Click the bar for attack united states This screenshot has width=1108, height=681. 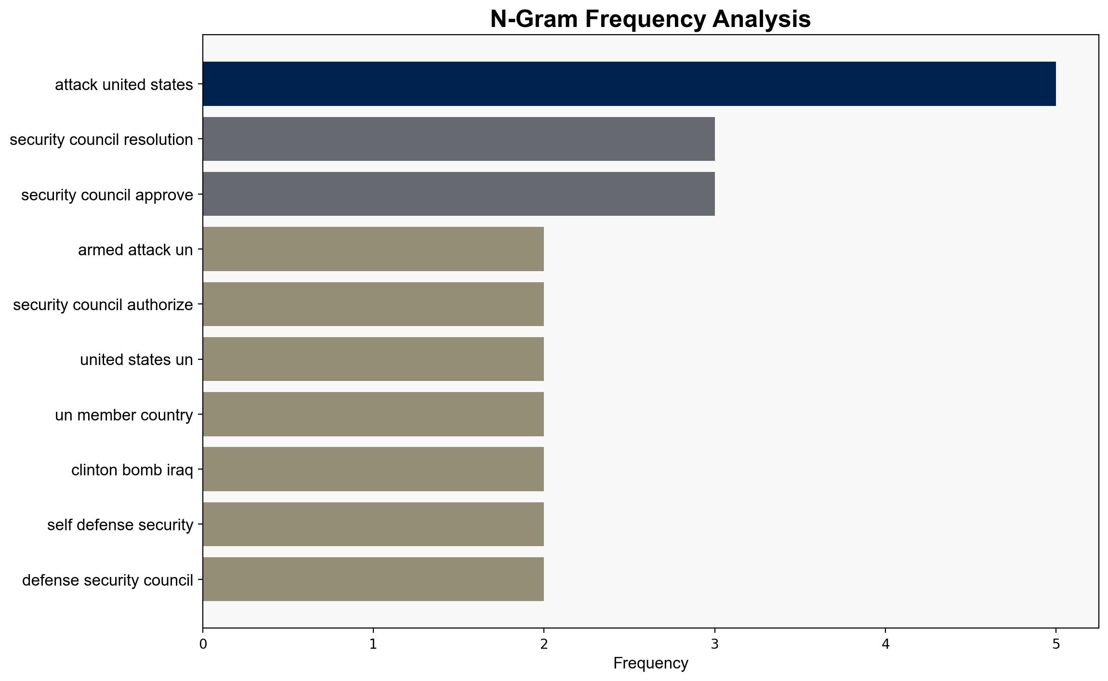click(x=629, y=84)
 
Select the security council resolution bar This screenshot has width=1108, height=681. click(x=459, y=139)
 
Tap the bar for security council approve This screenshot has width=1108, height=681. click(x=459, y=194)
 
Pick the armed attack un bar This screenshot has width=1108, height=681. click(x=373, y=249)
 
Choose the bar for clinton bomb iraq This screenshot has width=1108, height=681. click(x=373, y=469)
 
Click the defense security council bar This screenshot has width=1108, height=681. click(x=373, y=579)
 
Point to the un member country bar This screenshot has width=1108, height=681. click(x=373, y=414)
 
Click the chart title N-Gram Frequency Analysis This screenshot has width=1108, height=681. click(x=650, y=19)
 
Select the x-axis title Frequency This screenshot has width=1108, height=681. click(x=650, y=664)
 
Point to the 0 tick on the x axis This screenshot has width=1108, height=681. click(x=203, y=644)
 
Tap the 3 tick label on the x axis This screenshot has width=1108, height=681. click(x=715, y=644)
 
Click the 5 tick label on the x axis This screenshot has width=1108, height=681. click(x=1056, y=644)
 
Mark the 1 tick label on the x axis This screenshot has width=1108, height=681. click(x=373, y=644)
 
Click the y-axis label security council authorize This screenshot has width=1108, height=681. click(x=103, y=305)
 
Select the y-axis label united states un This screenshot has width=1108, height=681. click(x=136, y=360)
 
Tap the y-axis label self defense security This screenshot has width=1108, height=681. click(x=120, y=525)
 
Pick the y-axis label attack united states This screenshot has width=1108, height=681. click(x=124, y=85)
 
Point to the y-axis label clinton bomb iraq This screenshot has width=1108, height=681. click(x=132, y=470)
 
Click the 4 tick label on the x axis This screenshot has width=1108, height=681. click(x=885, y=644)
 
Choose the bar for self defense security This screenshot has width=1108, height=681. click(x=373, y=524)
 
